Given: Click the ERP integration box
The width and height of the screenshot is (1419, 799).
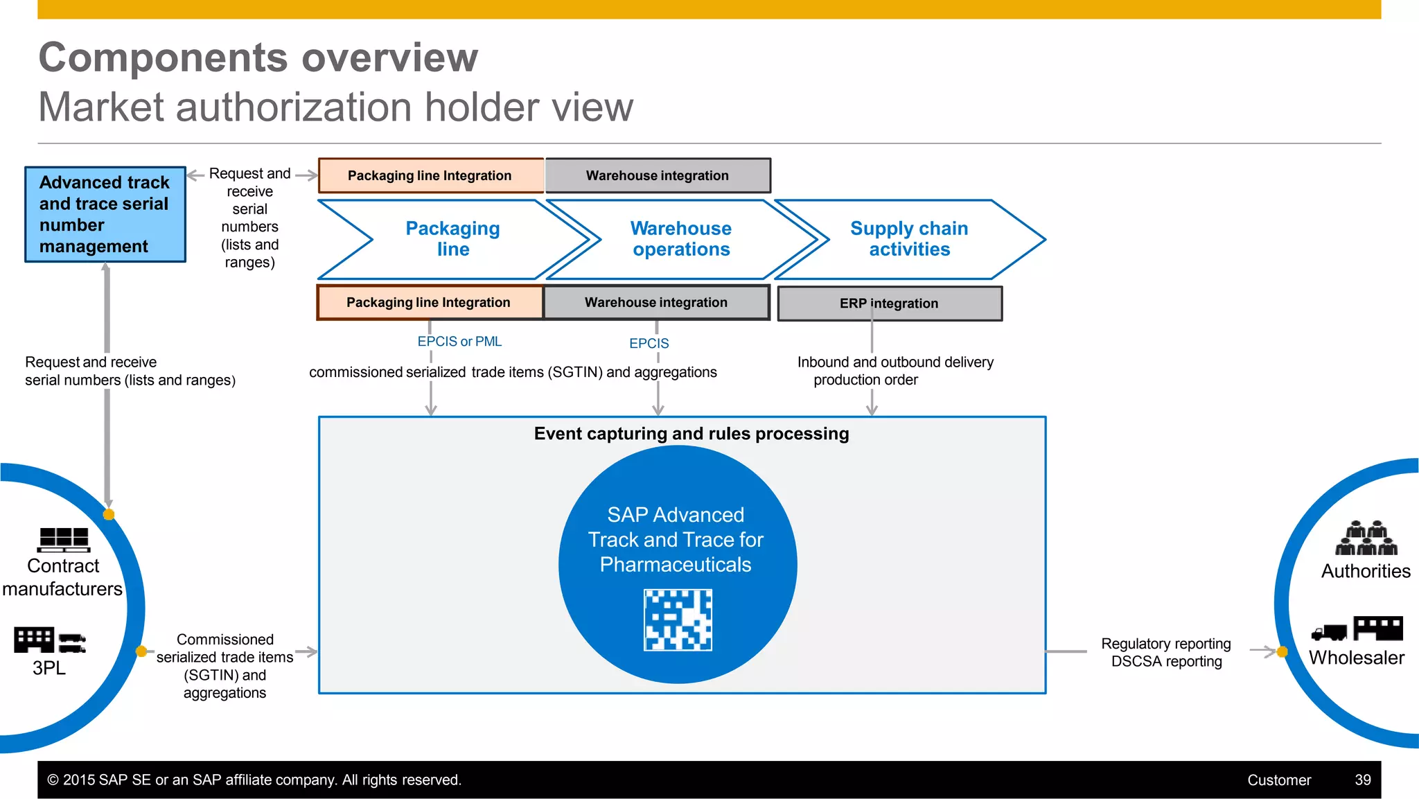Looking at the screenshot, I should (889, 304).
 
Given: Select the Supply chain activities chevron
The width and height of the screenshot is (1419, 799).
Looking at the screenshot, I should (909, 239).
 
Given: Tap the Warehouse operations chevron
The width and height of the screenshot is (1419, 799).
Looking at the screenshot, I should (681, 239).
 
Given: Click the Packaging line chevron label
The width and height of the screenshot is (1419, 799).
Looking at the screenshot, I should (452, 239).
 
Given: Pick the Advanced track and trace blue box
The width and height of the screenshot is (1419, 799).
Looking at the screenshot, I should (105, 214).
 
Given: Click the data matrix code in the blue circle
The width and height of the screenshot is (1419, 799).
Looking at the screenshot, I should (678, 620).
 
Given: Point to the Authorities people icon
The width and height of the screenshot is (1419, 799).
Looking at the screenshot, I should (1366, 538).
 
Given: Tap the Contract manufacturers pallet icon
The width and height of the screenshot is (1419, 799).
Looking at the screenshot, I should (64, 539).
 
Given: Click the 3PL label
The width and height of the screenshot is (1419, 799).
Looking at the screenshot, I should (49, 668).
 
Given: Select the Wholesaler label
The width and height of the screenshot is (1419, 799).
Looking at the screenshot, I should (1356, 658).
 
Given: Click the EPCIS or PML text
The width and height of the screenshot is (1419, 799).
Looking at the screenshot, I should (459, 342).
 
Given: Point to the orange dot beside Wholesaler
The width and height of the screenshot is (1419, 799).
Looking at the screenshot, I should (1282, 652).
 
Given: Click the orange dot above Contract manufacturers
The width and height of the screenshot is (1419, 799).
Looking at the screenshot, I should (109, 514).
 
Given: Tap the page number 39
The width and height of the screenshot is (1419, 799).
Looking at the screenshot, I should (1362, 780).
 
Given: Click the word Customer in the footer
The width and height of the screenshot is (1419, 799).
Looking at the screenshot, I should (1278, 780).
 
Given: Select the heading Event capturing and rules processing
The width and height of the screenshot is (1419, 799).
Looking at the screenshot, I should (691, 434).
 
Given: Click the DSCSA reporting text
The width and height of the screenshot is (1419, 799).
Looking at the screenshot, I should (1166, 662).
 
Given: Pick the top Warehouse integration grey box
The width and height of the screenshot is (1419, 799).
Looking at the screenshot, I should (658, 176).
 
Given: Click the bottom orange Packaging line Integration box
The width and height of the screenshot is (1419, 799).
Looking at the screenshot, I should (429, 303).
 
